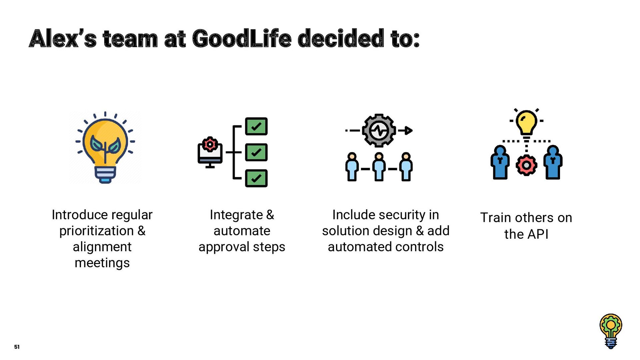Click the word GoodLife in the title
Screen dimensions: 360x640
pyautogui.click(x=242, y=39)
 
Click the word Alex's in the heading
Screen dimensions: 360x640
pyautogui.click(x=63, y=39)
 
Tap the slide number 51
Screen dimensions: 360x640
pyautogui.click(x=17, y=347)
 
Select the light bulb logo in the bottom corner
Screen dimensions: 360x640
pyautogui.click(x=611, y=331)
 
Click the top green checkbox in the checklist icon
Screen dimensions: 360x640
pyautogui.click(x=256, y=126)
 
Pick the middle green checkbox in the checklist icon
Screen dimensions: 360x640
pyautogui.click(x=256, y=152)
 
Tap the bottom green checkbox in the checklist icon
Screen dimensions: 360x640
pyautogui.click(x=256, y=178)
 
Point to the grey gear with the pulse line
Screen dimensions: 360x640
pyautogui.click(x=379, y=130)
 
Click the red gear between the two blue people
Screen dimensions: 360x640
pyautogui.click(x=526, y=165)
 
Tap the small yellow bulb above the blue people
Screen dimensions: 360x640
pyautogui.click(x=526, y=122)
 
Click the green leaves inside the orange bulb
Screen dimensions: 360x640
pyautogui.click(x=105, y=145)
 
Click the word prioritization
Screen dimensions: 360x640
pyautogui.click(x=96, y=231)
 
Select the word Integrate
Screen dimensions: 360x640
pyautogui.click(x=236, y=215)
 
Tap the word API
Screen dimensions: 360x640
pyautogui.click(x=537, y=234)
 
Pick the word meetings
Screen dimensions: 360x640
pyautogui.click(x=102, y=263)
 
